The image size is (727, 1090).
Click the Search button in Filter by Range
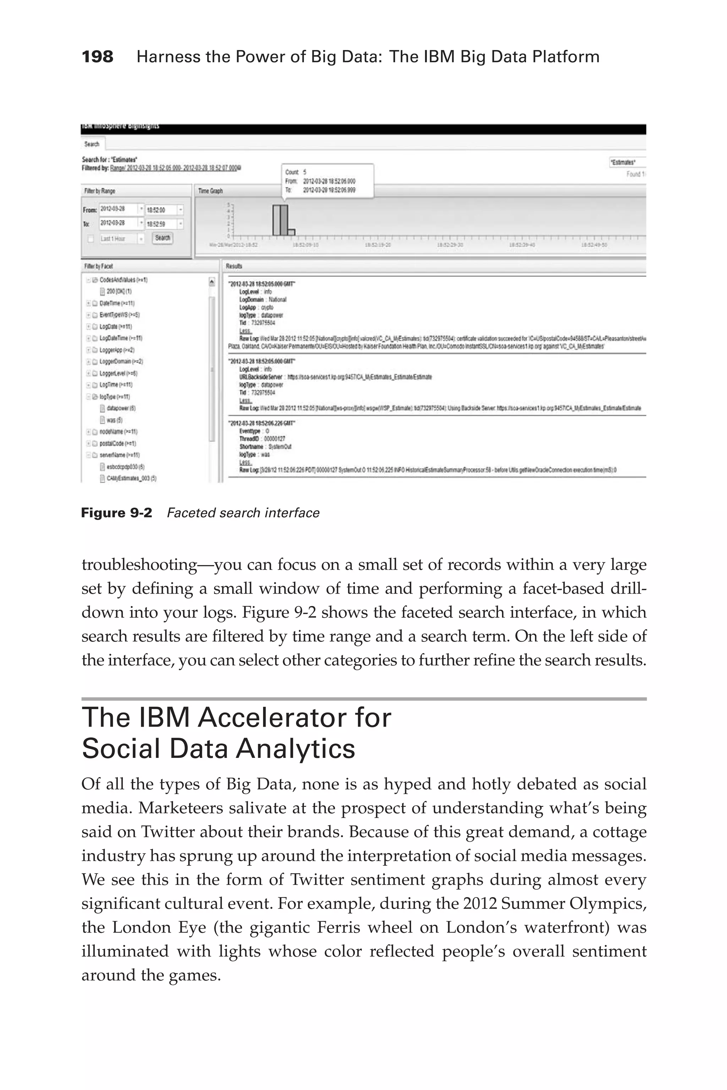(x=162, y=238)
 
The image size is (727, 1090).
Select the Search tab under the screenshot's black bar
(x=92, y=144)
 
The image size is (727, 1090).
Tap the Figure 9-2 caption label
(x=116, y=513)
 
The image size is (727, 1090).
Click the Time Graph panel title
(x=211, y=191)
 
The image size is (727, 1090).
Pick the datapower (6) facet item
(x=121, y=408)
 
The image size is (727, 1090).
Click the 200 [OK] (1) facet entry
(x=119, y=292)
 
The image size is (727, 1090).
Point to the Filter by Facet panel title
(x=98, y=266)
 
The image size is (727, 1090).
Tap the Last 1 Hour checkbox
(x=91, y=239)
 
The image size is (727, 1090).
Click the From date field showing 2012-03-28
(x=118, y=209)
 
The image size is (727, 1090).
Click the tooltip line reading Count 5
(x=296, y=172)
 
